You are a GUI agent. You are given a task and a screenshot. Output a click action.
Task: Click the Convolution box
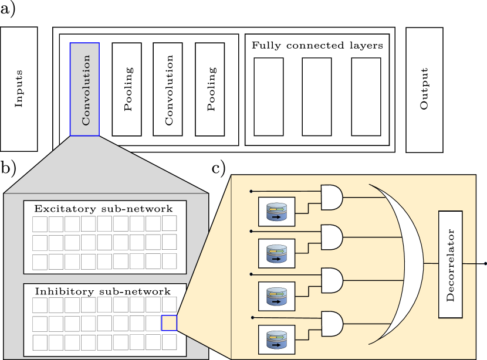pyautogui.click(x=84, y=89)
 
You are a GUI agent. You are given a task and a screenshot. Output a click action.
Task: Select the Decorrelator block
pyautogui.click(x=450, y=264)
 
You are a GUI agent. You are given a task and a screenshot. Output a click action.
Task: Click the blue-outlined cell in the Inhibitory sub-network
pyautogui.click(x=169, y=323)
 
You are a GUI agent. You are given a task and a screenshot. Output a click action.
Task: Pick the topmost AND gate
pyautogui.click(x=332, y=198)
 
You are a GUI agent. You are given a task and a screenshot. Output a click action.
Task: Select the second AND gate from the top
pyautogui.click(x=332, y=237)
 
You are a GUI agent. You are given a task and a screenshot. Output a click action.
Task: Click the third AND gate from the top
pyautogui.click(x=332, y=280)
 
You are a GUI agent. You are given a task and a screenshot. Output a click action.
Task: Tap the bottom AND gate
pyautogui.click(x=332, y=324)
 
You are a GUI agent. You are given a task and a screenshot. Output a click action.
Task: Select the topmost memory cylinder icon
pyautogui.click(x=276, y=212)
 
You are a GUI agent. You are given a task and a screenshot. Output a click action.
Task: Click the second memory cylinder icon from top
pyautogui.click(x=276, y=253)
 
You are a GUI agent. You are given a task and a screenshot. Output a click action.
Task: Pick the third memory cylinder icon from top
pyautogui.click(x=276, y=296)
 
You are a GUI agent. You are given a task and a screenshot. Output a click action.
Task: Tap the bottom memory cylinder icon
pyautogui.click(x=276, y=339)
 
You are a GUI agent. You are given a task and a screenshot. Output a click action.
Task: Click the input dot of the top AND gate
pyautogui.click(x=251, y=191)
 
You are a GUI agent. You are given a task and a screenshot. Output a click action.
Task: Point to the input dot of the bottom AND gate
pyautogui.click(x=252, y=317)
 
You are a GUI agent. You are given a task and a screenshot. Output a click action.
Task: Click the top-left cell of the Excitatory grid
pyautogui.click(x=40, y=224)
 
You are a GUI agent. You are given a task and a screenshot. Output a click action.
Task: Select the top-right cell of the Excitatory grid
pyautogui.click(x=169, y=223)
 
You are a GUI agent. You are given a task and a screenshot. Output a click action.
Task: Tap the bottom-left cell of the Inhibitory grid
pyautogui.click(x=40, y=342)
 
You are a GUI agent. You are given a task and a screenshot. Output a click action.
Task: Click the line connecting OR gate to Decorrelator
pyautogui.click(x=431, y=264)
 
